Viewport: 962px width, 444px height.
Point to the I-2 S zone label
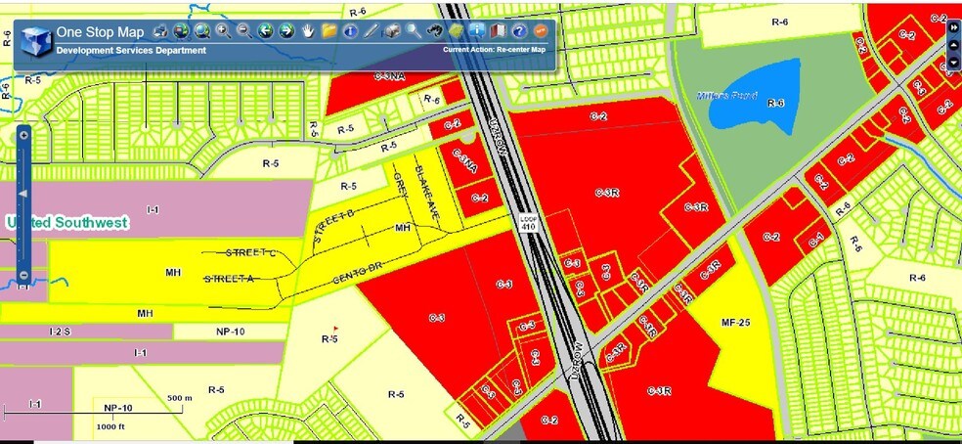tap(60, 333)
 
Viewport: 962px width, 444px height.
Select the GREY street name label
tap(400, 182)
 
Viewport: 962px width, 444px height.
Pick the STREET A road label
tap(229, 279)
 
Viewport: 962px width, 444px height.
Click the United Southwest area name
tap(66, 223)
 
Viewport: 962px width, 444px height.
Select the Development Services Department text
tap(131, 50)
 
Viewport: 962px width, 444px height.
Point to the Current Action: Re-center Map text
tap(493, 50)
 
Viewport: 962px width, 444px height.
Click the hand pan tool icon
tap(309, 31)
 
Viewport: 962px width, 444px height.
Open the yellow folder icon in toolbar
tap(329, 31)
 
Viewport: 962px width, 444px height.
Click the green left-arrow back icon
tap(266, 31)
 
